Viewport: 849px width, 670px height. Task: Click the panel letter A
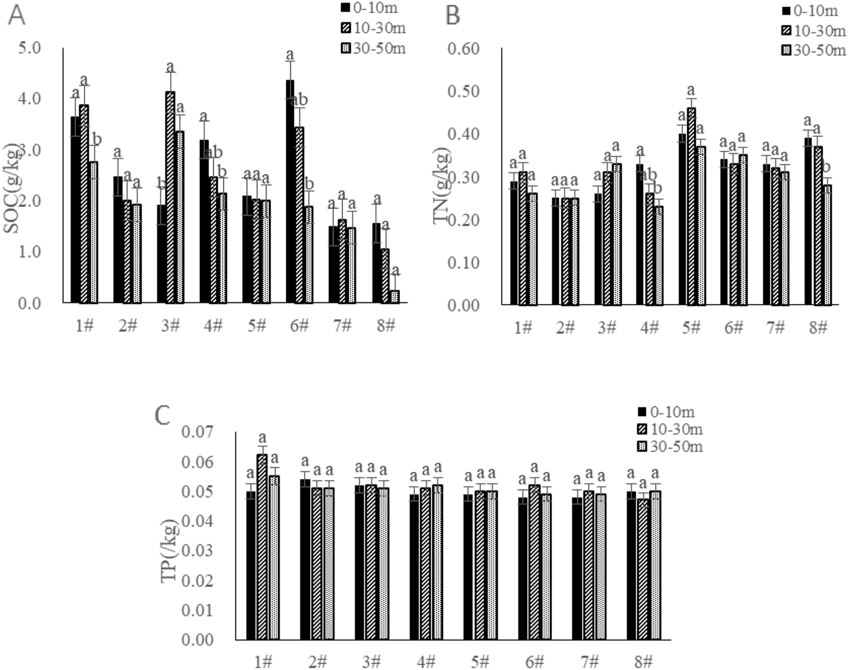click(x=16, y=16)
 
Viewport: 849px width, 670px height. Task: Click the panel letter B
click(x=453, y=16)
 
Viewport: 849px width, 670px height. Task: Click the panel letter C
click(x=163, y=415)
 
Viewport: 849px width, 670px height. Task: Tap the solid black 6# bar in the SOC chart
click(x=290, y=192)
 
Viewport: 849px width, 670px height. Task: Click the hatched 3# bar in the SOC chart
click(x=171, y=198)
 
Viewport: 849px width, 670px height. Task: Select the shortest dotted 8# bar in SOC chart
click(x=395, y=297)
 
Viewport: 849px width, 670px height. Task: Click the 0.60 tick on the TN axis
click(x=465, y=48)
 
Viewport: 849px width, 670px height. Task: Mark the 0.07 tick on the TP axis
click(x=197, y=432)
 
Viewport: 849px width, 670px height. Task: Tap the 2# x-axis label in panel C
click(x=317, y=662)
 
